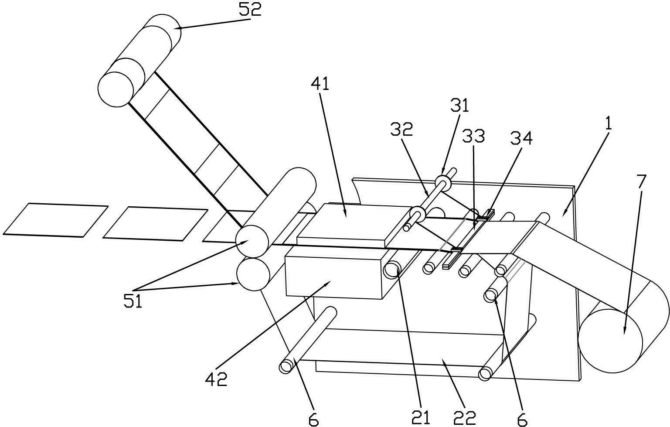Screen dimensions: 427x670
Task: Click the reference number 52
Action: [250, 9]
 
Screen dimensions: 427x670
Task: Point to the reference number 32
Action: [401, 129]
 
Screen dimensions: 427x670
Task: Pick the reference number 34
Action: [521, 138]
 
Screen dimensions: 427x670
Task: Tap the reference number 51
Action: [133, 301]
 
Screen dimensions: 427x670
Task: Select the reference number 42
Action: [217, 379]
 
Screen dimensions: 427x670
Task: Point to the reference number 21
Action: [421, 417]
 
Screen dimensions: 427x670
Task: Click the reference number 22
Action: [465, 417]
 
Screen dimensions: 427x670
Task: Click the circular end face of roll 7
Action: [610, 341]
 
